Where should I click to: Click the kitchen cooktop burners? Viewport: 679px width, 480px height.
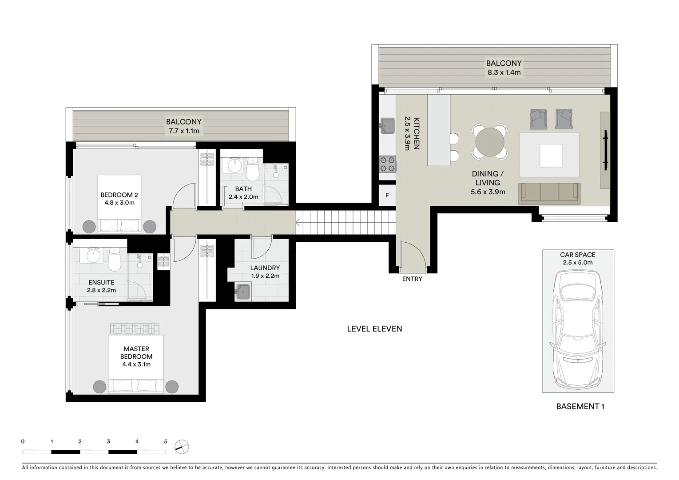(387, 164)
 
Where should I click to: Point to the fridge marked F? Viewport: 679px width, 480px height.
(387, 196)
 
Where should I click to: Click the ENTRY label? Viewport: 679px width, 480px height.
(412, 279)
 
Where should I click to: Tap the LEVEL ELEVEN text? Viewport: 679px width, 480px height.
(374, 329)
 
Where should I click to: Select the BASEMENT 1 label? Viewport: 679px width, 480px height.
(580, 406)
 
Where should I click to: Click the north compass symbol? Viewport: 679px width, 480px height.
(182, 447)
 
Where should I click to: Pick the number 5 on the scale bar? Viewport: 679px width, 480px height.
(166, 442)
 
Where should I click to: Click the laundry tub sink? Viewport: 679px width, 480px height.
(243, 292)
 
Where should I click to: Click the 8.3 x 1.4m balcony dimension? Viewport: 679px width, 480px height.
(504, 72)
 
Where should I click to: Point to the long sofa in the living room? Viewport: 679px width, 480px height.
(549, 193)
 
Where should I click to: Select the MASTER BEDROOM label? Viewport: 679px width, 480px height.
(136, 353)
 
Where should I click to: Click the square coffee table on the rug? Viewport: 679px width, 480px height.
(551, 156)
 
